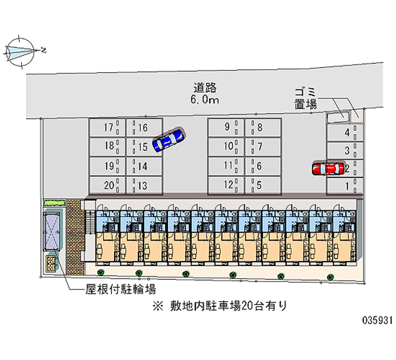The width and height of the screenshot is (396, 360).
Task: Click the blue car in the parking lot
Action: [169, 140]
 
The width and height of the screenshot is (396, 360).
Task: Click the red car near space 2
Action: [328, 169]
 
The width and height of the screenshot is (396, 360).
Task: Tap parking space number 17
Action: [107, 128]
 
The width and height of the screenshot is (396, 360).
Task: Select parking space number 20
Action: [107, 186]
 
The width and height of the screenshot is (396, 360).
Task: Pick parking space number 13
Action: [144, 186]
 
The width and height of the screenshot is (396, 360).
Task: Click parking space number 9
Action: [226, 127]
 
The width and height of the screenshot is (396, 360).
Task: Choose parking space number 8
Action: [263, 127]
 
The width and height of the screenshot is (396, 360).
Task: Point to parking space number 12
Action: [226, 186]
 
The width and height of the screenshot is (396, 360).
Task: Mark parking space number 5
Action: [263, 186]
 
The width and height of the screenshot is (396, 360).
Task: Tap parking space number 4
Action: [345, 132]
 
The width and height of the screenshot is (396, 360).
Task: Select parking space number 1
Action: [345, 186]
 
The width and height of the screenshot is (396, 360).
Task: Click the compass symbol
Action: [21, 50]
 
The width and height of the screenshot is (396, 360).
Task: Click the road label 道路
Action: [205, 88]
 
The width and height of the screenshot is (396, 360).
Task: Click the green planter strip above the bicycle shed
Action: [54, 203]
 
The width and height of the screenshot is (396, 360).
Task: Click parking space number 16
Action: [144, 128]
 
